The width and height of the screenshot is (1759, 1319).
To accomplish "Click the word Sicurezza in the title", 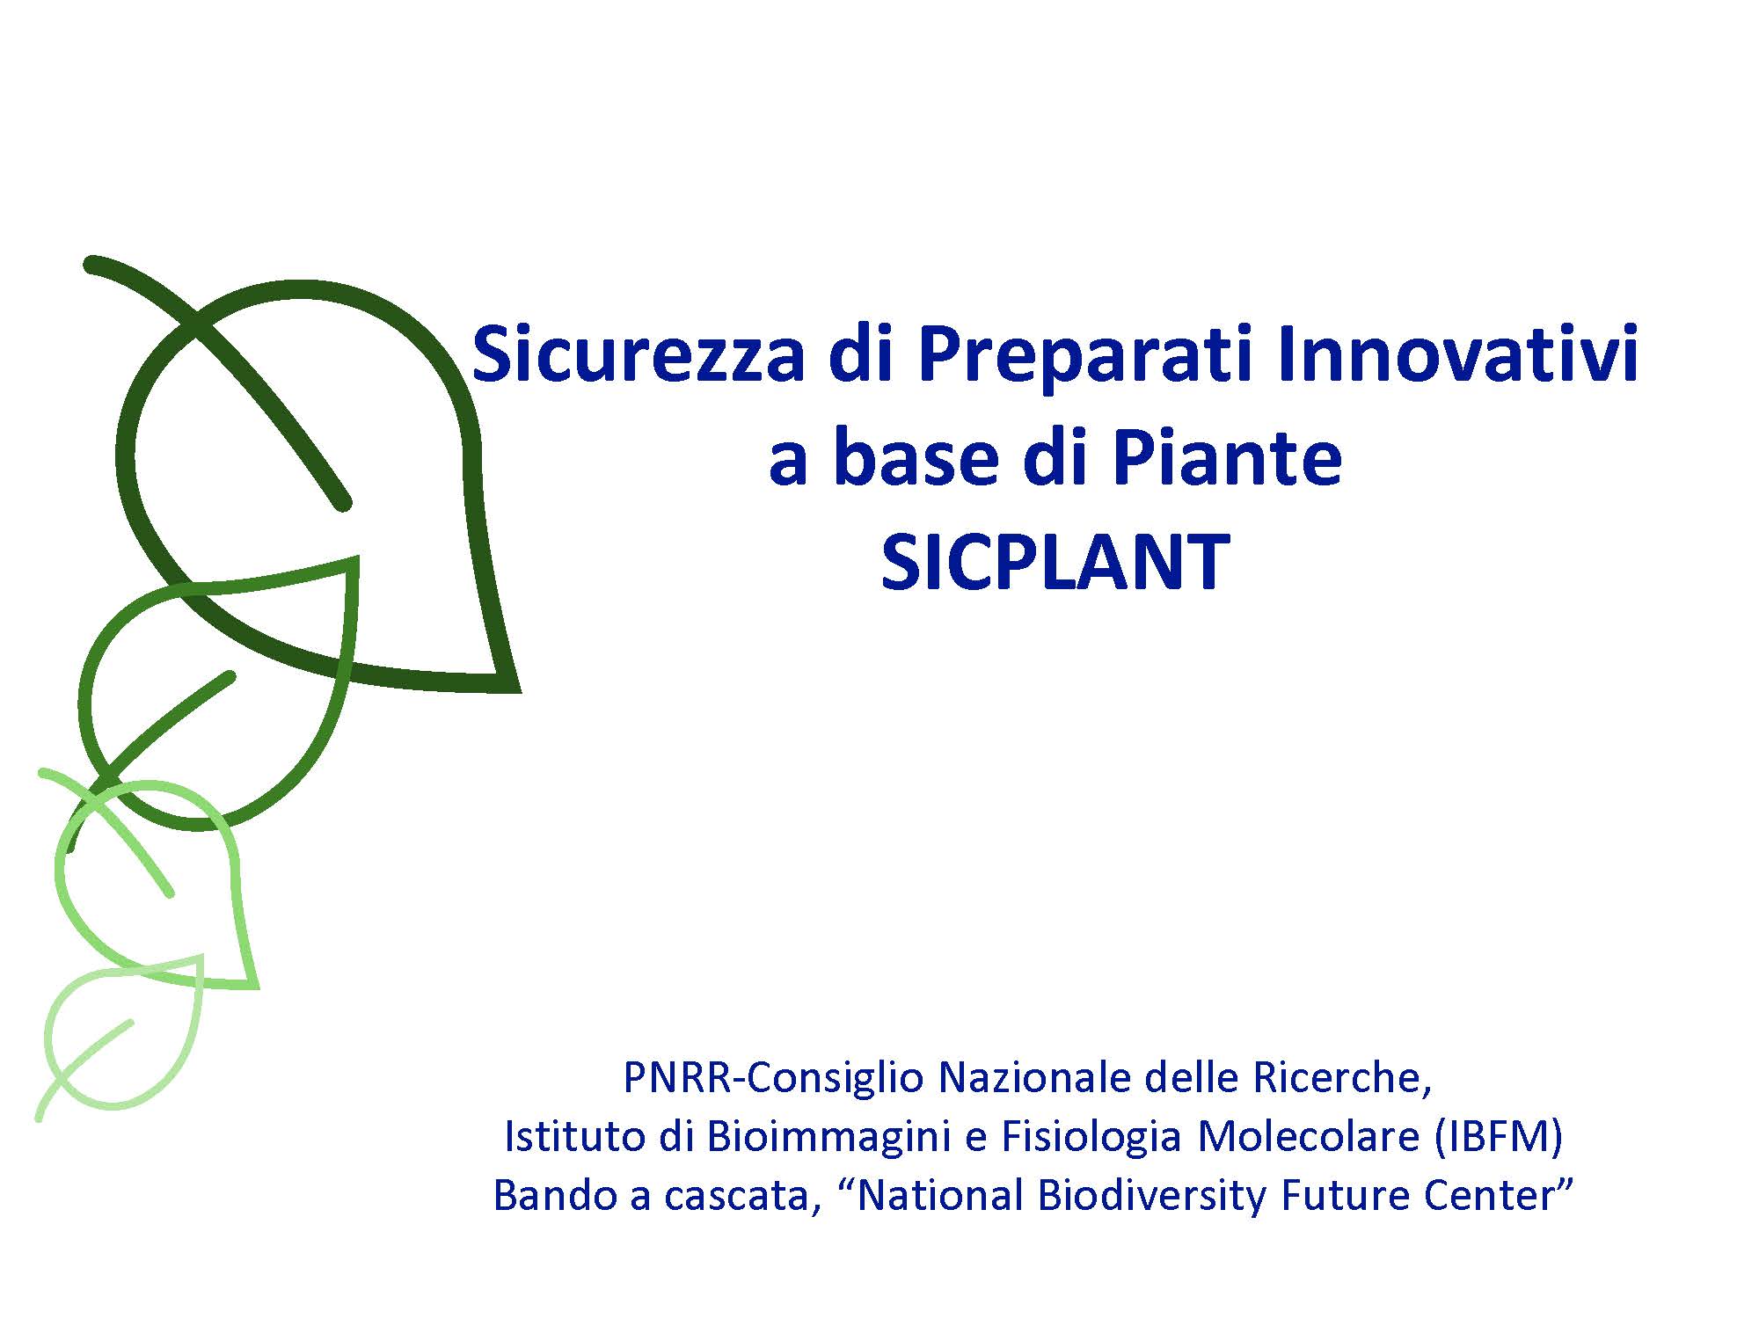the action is point(638,354).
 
